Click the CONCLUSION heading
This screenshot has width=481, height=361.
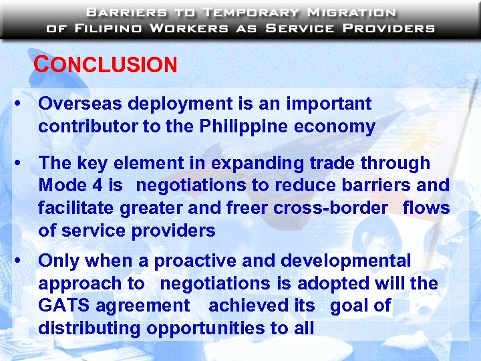pos(106,65)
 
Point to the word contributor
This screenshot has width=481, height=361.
pos(83,126)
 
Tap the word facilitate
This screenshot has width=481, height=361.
pos(76,208)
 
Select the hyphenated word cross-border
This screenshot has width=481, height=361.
pos(330,208)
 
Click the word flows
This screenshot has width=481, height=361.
pos(426,208)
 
